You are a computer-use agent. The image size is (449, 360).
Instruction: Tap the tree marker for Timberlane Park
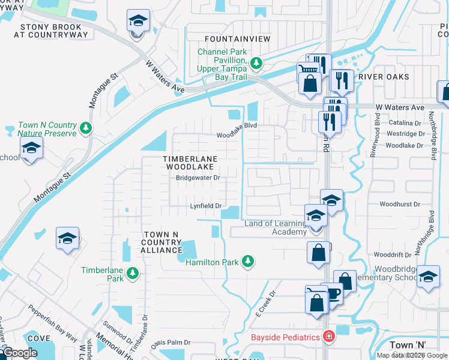133,273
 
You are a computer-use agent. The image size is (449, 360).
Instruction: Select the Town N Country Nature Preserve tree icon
86,127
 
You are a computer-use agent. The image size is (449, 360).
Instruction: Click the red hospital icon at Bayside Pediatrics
328,337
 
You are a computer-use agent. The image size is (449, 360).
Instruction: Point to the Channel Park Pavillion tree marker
256,62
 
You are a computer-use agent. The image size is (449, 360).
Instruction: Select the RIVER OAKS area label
384,77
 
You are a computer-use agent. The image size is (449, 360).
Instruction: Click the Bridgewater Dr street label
198,178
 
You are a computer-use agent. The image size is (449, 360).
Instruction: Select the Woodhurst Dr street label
400,204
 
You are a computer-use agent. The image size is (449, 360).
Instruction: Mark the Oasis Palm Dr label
170,343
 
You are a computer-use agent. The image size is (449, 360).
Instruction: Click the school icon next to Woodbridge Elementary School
427,277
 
